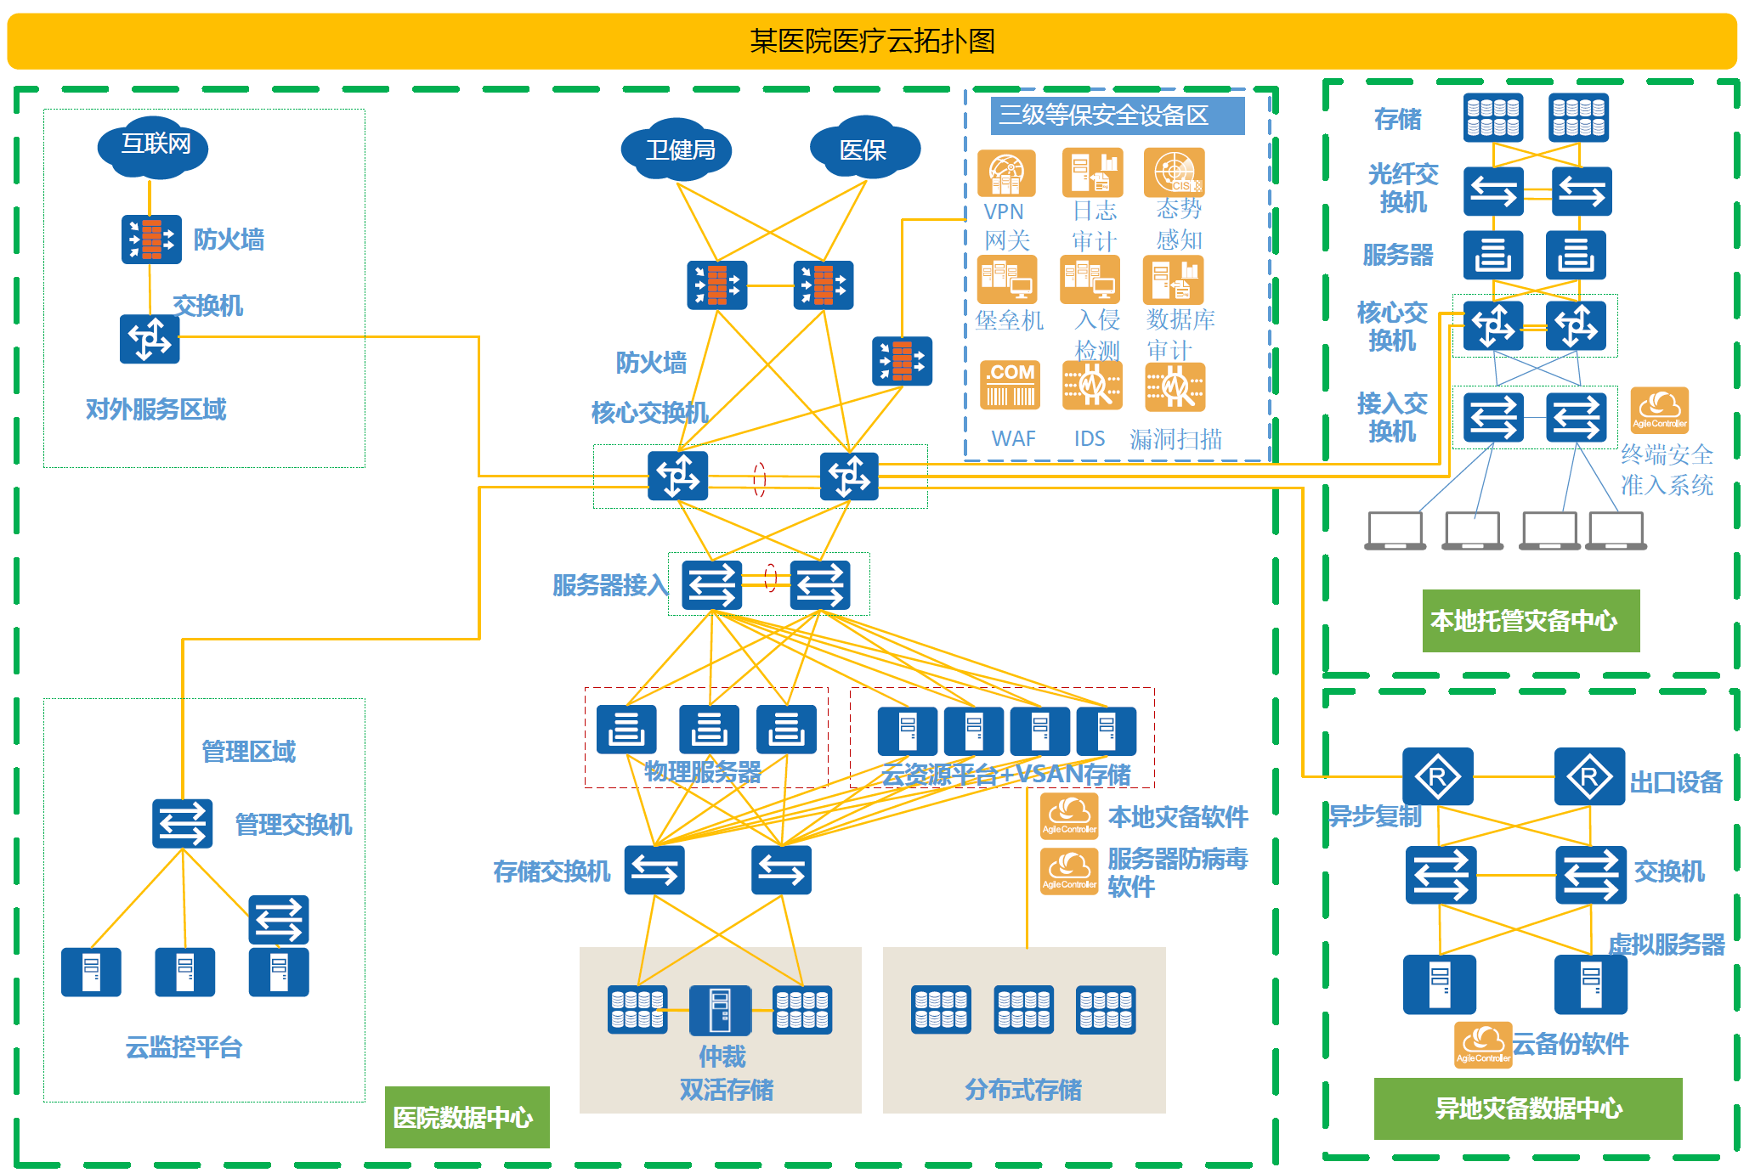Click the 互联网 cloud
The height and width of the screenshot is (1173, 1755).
(x=153, y=146)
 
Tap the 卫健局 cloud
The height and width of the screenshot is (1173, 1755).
(x=677, y=150)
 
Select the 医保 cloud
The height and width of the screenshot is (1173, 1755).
(x=864, y=149)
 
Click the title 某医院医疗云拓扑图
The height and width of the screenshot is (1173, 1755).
(x=872, y=41)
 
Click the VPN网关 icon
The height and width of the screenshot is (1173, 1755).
(x=1006, y=173)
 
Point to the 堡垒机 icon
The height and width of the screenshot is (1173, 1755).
(x=1007, y=280)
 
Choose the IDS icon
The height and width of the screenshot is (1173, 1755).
(x=1092, y=386)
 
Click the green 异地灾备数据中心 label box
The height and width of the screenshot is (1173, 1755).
(x=1527, y=1108)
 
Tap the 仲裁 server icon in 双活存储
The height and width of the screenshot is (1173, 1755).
(x=720, y=1010)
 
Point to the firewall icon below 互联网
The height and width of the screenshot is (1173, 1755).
(x=151, y=240)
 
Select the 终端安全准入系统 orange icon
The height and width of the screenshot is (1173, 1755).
(x=1659, y=410)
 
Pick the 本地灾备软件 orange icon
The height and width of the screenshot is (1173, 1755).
(x=1069, y=816)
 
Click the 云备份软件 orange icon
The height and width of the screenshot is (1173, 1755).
(x=1483, y=1044)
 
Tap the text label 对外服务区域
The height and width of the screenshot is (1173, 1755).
(x=156, y=409)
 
